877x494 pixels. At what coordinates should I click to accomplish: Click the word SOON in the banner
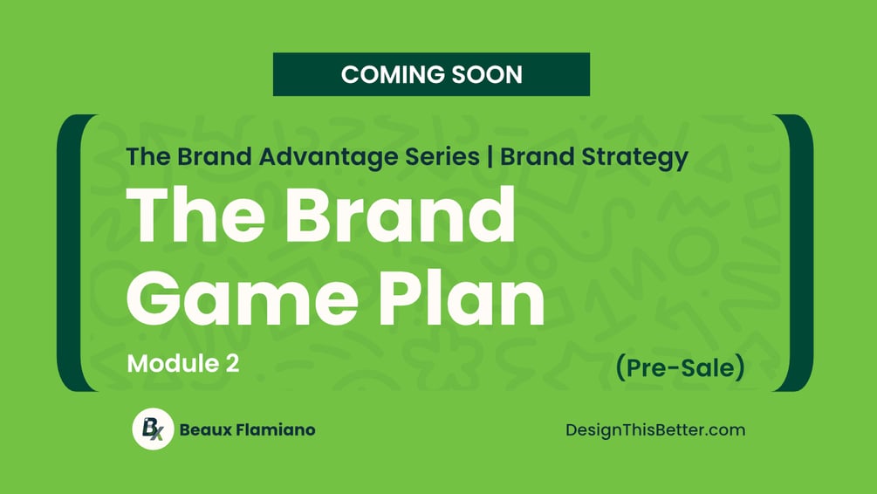click(487, 74)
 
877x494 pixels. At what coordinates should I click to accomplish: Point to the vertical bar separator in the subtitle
click(490, 157)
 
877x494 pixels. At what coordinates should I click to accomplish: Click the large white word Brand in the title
click(401, 215)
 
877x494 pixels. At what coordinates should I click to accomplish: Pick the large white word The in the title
click(195, 215)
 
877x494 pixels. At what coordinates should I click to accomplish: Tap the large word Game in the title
click(243, 297)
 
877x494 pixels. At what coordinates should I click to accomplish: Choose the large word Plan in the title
click(462, 297)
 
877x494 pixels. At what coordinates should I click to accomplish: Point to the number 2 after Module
click(232, 364)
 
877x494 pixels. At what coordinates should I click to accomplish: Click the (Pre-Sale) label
click(680, 367)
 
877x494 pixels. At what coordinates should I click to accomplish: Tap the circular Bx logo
click(153, 429)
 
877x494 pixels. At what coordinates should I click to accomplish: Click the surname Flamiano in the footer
click(275, 429)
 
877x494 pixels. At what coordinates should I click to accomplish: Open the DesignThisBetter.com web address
click(655, 430)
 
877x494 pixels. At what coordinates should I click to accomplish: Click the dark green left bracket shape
click(67, 253)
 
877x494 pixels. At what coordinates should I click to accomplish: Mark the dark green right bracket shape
click(803, 253)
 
